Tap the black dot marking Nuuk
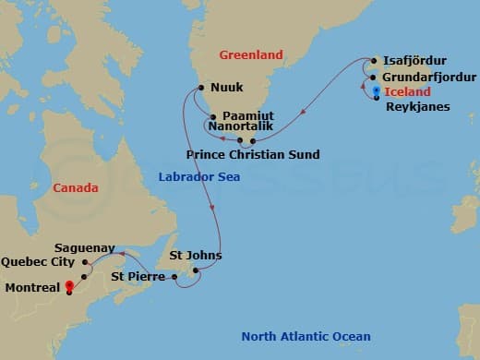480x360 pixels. point(199,90)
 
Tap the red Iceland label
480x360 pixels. point(407,91)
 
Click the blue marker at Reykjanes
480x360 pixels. point(378,90)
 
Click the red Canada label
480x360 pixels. point(76,188)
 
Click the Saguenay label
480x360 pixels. point(85,248)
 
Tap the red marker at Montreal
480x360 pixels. point(67,286)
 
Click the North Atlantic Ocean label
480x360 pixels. point(306,337)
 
